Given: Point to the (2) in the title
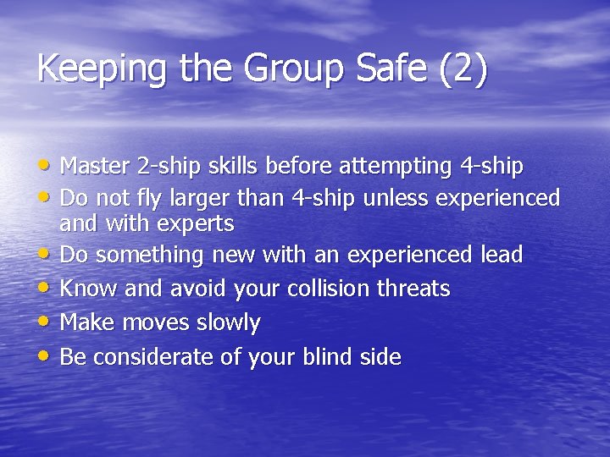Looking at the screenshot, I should tap(463, 69).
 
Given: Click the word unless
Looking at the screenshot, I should tap(395, 198).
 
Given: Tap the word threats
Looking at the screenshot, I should tap(413, 289).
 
